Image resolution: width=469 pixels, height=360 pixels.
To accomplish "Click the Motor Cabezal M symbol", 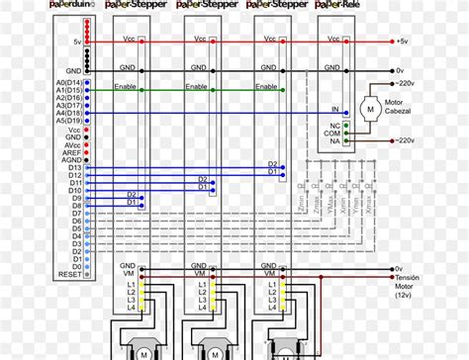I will tap(370, 105).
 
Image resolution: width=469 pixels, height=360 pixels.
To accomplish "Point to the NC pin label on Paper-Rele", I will tap(334, 126).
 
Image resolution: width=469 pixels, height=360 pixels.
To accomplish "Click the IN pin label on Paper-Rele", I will tap(334, 109).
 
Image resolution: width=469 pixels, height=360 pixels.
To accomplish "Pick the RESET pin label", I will tap(70, 273).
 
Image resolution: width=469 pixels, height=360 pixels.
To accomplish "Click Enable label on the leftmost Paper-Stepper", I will tap(125, 88).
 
